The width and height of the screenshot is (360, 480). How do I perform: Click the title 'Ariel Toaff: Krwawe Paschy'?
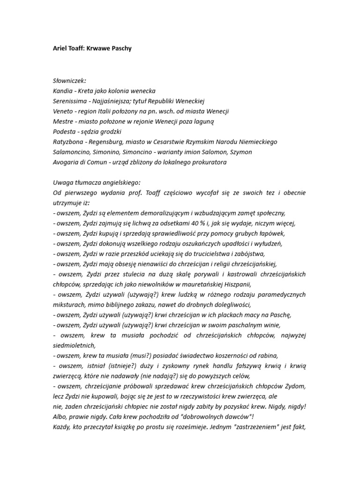coord(96,48)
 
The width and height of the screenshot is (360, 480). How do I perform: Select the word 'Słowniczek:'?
coord(70,80)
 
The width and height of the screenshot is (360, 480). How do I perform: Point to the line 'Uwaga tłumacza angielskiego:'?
coord(97,182)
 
